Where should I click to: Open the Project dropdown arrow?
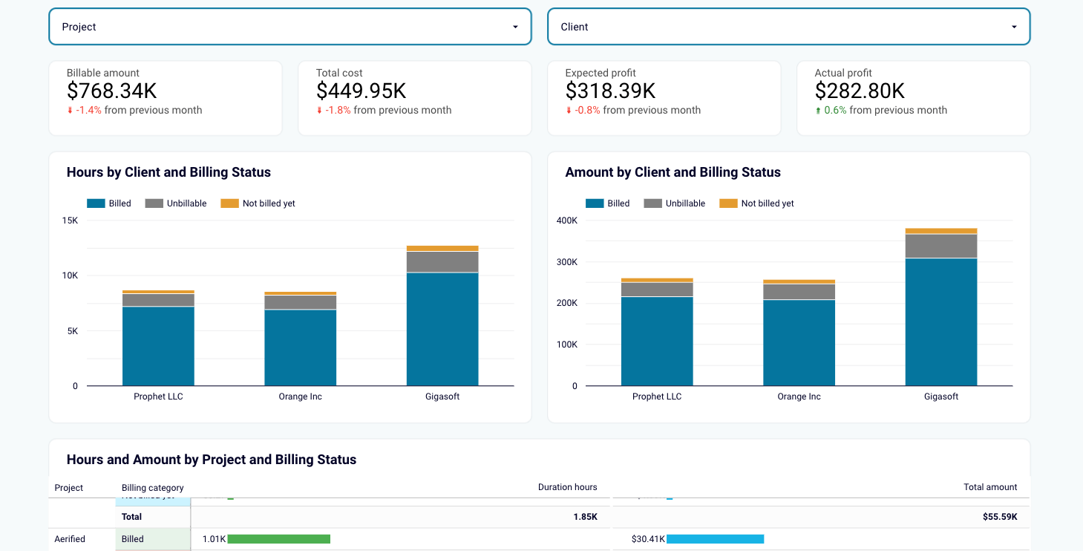515,27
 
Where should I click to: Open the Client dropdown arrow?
1014,27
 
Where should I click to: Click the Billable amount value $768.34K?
111,91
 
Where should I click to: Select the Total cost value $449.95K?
361,91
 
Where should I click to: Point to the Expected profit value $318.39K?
610,91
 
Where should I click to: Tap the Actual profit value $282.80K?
860,91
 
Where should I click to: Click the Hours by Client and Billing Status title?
168,172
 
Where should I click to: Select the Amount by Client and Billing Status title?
673,172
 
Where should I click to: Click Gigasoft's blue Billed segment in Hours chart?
442,329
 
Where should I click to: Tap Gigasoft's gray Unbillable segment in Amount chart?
940,246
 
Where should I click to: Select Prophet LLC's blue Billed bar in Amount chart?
657,341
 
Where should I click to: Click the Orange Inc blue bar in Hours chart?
300,348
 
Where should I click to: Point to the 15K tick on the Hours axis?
70,221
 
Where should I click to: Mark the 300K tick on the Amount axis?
566,262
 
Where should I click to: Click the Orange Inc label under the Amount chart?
799,397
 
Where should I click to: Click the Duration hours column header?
567,487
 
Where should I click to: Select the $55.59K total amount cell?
999,517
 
